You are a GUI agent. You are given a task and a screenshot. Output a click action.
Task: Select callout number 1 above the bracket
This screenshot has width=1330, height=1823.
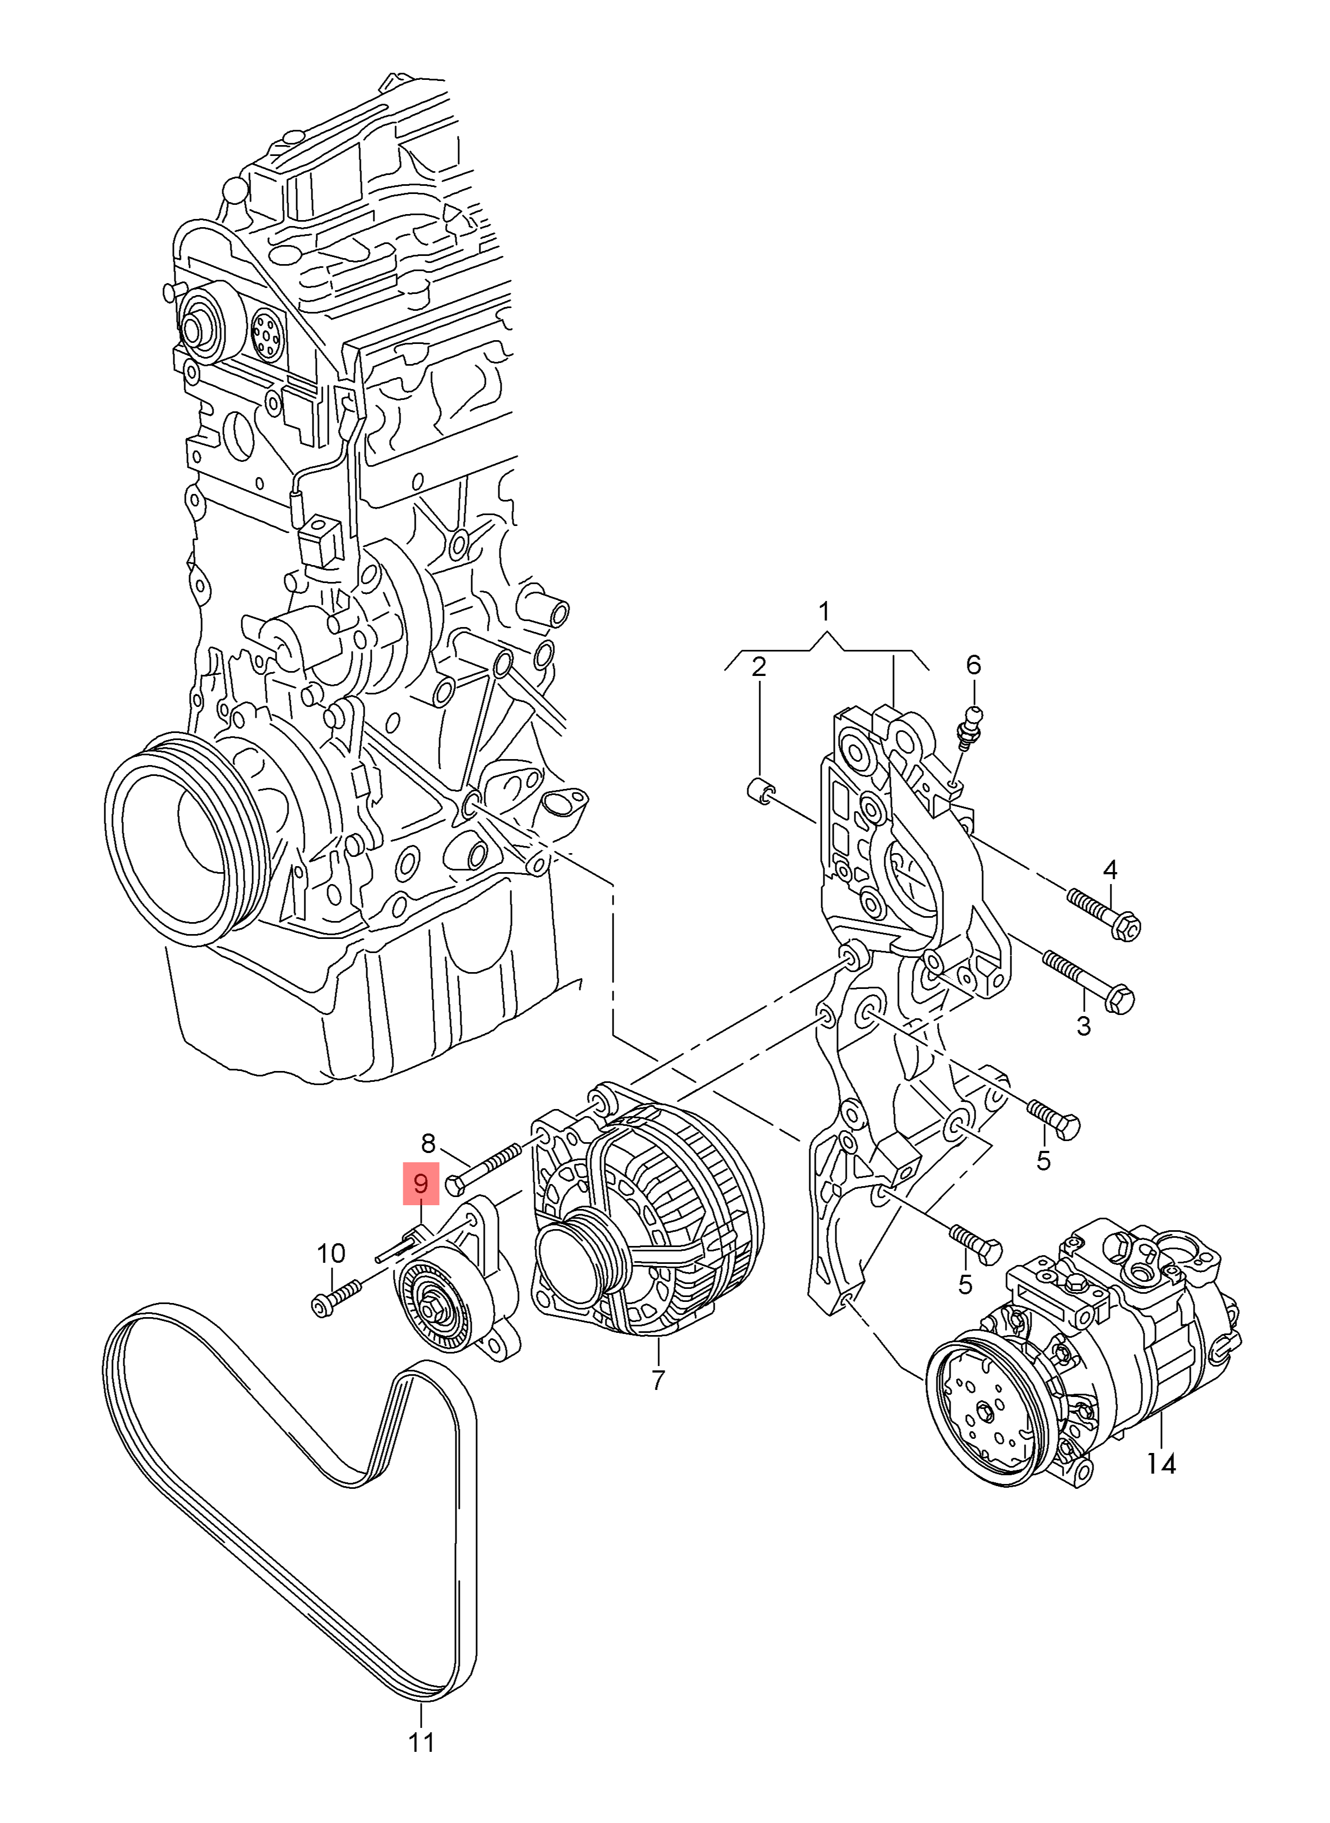(823, 612)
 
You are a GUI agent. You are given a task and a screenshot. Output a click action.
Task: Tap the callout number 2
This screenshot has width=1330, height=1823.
(758, 666)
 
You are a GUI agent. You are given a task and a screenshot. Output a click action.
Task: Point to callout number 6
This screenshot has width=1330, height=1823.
(973, 665)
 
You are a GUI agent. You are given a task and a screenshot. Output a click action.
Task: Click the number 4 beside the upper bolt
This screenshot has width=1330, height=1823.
(1110, 869)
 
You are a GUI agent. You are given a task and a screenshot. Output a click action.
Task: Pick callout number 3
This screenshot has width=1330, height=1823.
(1084, 1026)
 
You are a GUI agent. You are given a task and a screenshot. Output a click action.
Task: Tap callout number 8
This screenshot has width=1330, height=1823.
(428, 1143)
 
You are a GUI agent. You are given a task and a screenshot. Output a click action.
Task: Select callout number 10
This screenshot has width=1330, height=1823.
(331, 1253)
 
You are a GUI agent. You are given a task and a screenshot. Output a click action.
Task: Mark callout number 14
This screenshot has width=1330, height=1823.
(1161, 1463)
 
